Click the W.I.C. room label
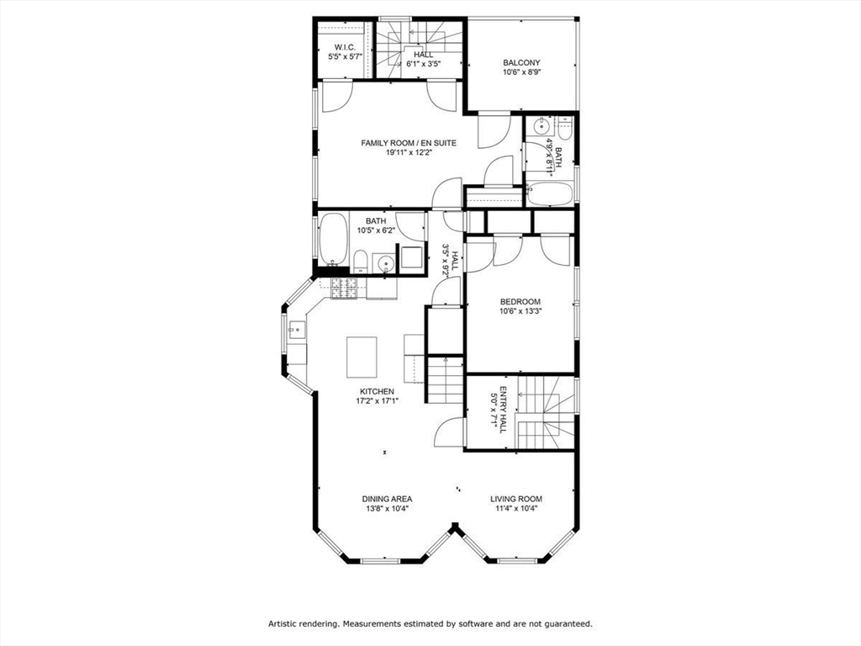tap(346, 47)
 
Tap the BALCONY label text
tap(521, 62)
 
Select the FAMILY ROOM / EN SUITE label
tap(409, 143)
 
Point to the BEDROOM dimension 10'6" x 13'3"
tap(520, 312)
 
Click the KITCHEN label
tap(377, 391)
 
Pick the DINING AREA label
tap(387, 499)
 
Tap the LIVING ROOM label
tap(516, 499)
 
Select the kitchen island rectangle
tap(362, 357)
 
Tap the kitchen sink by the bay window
tap(297, 331)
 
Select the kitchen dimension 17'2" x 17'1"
tap(377, 401)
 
